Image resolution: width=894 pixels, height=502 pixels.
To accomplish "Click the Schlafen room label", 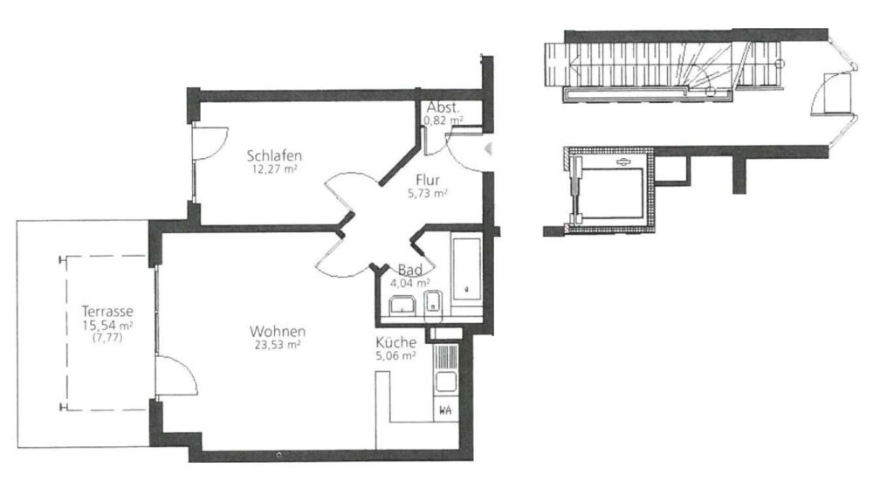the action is coord(274,155).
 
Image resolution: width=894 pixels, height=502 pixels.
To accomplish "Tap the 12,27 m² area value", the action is coord(274,168).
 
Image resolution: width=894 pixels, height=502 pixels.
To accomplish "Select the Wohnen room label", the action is coord(278,332).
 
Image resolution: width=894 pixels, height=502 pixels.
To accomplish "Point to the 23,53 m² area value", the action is coord(278,345).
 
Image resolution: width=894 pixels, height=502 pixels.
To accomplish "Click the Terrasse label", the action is coord(107,312).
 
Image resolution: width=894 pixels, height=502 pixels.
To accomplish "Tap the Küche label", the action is coord(395,343).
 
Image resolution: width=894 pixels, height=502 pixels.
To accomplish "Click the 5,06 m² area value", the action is coord(395,356).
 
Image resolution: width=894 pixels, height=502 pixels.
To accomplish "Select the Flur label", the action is coord(428,180).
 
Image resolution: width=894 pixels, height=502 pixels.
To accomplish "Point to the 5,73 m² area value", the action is coord(428,194).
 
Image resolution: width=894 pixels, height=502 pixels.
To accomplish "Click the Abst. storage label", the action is coord(443,107).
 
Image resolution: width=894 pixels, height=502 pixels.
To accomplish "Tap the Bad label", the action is coord(410,270).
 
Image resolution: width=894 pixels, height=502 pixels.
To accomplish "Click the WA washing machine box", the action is coord(446,410).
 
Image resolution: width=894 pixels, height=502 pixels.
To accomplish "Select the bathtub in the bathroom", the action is coord(467,269).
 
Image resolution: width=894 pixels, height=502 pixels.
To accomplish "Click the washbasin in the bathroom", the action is coord(402,306).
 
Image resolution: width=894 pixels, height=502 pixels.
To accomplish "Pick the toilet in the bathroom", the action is coord(435,302).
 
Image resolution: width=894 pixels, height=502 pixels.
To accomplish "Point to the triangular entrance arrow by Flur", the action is coord(487,149).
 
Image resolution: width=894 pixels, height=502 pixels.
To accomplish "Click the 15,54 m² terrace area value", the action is coord(107,326).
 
